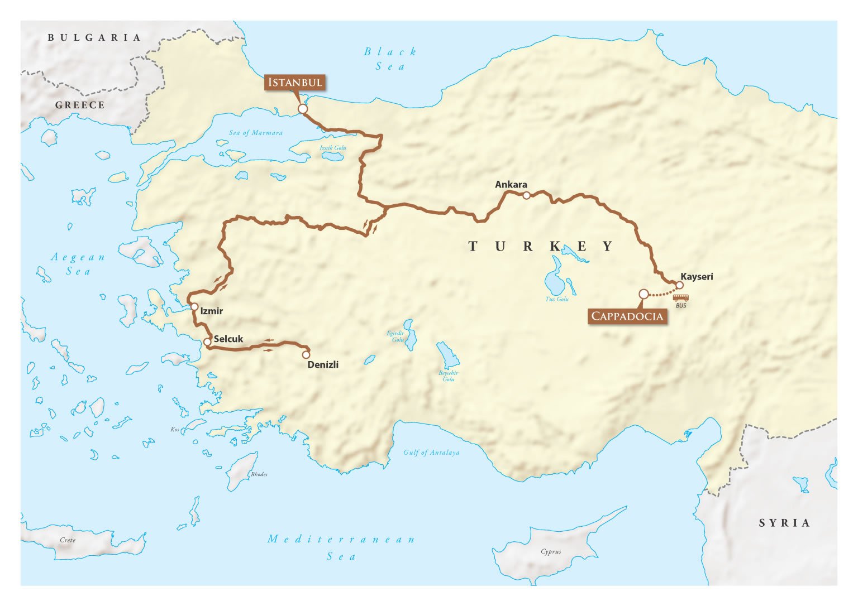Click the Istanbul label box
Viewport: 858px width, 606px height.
click(295, 83)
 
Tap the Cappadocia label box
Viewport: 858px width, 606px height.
click(627, 316)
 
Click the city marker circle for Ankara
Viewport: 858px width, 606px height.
click(526, 195)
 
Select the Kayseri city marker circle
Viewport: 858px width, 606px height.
click(679, 285)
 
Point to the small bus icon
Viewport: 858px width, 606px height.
click(680, 298)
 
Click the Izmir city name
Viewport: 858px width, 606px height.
click(211, 311)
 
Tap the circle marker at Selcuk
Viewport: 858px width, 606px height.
click(207, 342)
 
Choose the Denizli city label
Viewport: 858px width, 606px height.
click(323, 364)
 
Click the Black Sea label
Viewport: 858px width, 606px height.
click(390, 59)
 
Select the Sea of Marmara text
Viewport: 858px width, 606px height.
click(256, 133)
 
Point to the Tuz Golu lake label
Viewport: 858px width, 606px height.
click(557, 299)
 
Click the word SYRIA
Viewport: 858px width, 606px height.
click(784, 523)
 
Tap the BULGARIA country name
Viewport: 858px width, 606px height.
click(94, 37)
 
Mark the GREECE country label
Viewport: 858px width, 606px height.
click(80, 105)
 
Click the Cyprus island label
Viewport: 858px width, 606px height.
click(551, 551)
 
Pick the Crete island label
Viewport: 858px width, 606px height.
click(68, 540)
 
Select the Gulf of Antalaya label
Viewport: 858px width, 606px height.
click(431, 453)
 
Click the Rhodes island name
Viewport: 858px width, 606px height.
click(259, 474)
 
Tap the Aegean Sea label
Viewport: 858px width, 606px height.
click(78, 264)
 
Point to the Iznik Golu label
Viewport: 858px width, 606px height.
click(333, 148)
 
